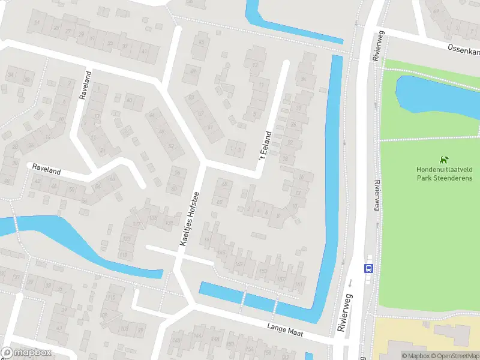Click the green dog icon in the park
pyautogui.click(x=443, y=160)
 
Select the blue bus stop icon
pyautogui.click(x=368, y=269)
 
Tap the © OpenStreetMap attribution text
pyautogui.click(x=454, y=356)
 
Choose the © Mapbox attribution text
pyautogui.click(x=415, y=356)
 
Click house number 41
pyautogui.click(x=143, y=52)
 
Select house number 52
pyautogui.click(x=172, y=146)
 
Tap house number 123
pyautogui.click(x=126, y=239)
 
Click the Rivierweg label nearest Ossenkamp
pyautogui.click(x=377, y=47)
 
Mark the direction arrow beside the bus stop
pyautogui.click(x=350, y=281)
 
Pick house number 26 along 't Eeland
pyautogui.click(x=293, y=124)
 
